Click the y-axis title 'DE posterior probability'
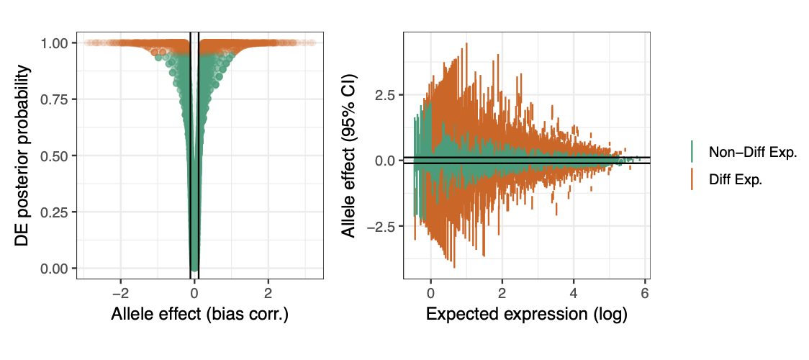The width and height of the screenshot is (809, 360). [23, 156]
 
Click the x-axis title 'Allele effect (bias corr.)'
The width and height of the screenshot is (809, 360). [199, 315]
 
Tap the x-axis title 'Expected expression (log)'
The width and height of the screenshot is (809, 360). [527, 315]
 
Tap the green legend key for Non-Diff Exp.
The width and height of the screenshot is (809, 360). [692, 152]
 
